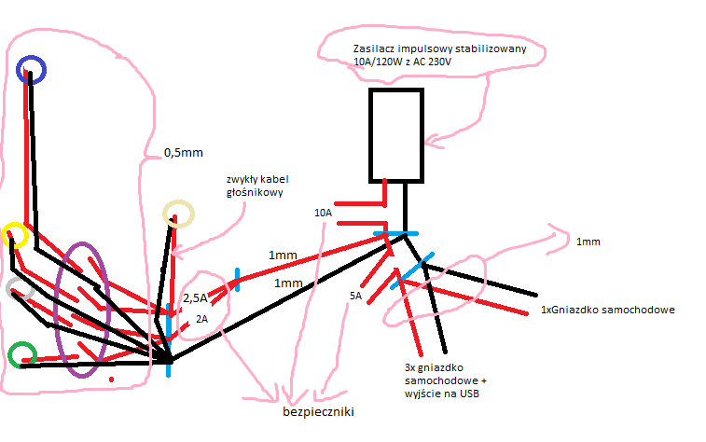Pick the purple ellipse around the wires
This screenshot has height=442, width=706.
coord(56,311)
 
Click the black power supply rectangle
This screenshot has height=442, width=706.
coord(370,135)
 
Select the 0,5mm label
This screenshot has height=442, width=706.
coord(183,153)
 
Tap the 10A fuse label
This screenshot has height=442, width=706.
coord(323,213)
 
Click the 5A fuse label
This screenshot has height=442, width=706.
coord(355,296)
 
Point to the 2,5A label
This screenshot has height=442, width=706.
coord(195,298)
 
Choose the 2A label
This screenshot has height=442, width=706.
coord(201,319)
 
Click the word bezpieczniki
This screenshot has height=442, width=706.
coord(318,411)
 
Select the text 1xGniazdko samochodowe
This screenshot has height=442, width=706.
coord(608,310)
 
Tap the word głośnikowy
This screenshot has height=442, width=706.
coord(255,193)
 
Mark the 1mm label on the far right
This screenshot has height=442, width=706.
coord(588,242)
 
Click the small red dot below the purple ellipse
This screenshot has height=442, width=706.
coord(111,380)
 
